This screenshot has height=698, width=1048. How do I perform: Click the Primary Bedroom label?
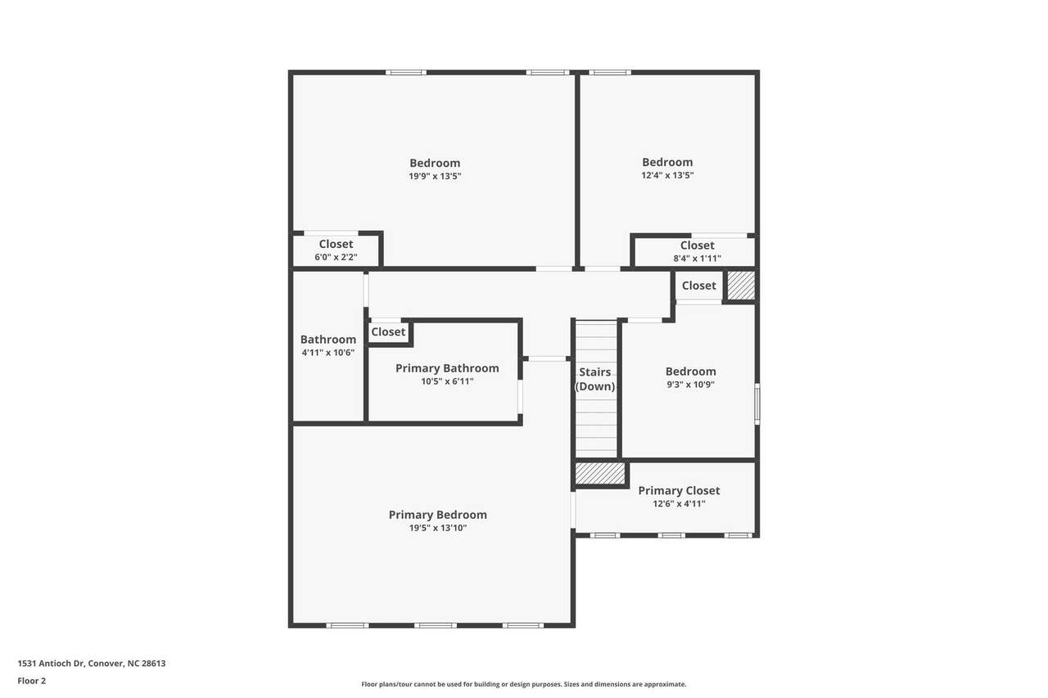tap(437, 515)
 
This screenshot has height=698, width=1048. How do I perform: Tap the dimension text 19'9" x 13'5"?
tap(435, 176)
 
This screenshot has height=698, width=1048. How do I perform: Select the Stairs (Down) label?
tap(594, 379)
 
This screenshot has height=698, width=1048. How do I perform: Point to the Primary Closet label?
tap(679, 490)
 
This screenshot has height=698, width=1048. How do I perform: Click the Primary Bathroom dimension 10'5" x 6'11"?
tap(447, 381)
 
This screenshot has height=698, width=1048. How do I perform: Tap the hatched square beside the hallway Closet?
tap(741, 286)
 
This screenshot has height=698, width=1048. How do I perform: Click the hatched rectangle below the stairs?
tap(600, 474)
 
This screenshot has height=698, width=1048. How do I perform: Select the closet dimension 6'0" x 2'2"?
tap(336, 257)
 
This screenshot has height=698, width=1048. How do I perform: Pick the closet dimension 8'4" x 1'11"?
tap(697, 259)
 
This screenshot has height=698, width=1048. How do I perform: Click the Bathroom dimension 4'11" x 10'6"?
tap(328, 353)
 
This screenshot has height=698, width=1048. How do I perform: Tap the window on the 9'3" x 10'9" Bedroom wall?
tap(757, 404)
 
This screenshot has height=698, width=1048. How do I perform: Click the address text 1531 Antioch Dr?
tap(52, 664)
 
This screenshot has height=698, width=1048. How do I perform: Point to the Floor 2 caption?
tap(32, 681)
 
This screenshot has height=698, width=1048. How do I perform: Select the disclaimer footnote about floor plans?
tap(523, 684)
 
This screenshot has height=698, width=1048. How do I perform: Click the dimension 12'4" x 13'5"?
tap(667, 175)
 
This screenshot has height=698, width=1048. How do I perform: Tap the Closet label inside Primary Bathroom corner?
tap(388, 332)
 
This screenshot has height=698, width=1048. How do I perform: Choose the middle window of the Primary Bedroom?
tap(435, 625)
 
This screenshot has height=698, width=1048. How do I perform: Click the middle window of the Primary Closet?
tap(671, 536)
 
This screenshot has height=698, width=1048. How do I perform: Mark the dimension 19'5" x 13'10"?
tap(438, 529)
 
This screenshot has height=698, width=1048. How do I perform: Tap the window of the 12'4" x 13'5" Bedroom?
tap(610, 73)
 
